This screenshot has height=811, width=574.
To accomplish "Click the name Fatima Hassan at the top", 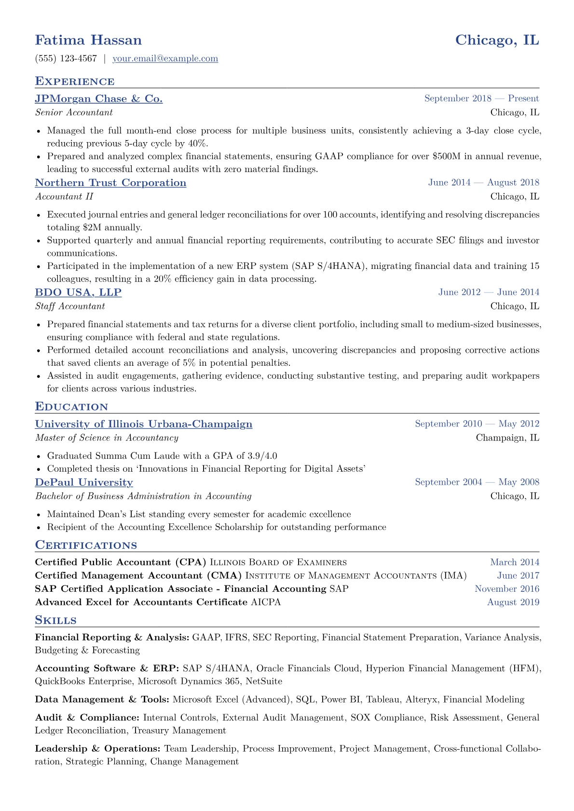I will (x=88, y=40).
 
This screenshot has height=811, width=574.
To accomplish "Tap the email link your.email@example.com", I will (x=165, y=59).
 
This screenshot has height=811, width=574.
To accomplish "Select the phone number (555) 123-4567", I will (x=66, y=59).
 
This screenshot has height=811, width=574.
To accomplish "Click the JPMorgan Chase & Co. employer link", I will (x=98, y=99).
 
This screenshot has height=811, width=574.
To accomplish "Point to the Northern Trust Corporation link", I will (x=110, y=183).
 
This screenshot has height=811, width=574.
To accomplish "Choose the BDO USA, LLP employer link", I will (x=78, y=292).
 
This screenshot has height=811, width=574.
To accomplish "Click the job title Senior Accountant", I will (x=74, y=113).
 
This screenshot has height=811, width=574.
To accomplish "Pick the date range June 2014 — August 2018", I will (x=483, y=183).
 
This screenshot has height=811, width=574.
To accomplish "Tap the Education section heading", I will (x=71, y=407).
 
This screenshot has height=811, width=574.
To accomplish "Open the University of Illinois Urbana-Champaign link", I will (x=143, y=424).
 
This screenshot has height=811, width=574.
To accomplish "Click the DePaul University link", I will (x=84, y=482).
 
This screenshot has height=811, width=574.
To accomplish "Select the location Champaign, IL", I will (x=507, y=438).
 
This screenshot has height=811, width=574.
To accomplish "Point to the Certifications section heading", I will (x=86, y=545).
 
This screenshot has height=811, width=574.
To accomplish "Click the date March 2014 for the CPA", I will (x=515, y=562).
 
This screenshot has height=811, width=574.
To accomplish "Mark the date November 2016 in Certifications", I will (x=507, y=589).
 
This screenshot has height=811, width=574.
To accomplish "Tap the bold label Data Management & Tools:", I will (x=102, y=700).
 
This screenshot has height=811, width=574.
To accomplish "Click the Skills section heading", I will (x=55, y=620).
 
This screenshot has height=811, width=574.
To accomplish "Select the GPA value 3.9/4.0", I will (x=262, y=456).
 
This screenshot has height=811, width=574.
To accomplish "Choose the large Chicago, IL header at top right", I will (x=497, y=40).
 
